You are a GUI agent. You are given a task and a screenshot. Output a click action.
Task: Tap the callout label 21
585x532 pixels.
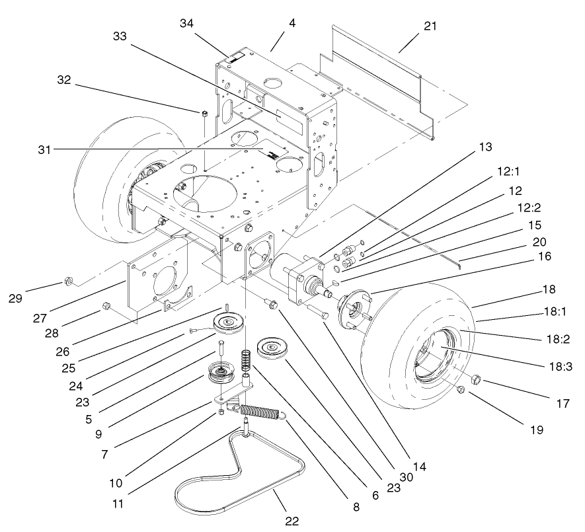pos(430,26)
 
